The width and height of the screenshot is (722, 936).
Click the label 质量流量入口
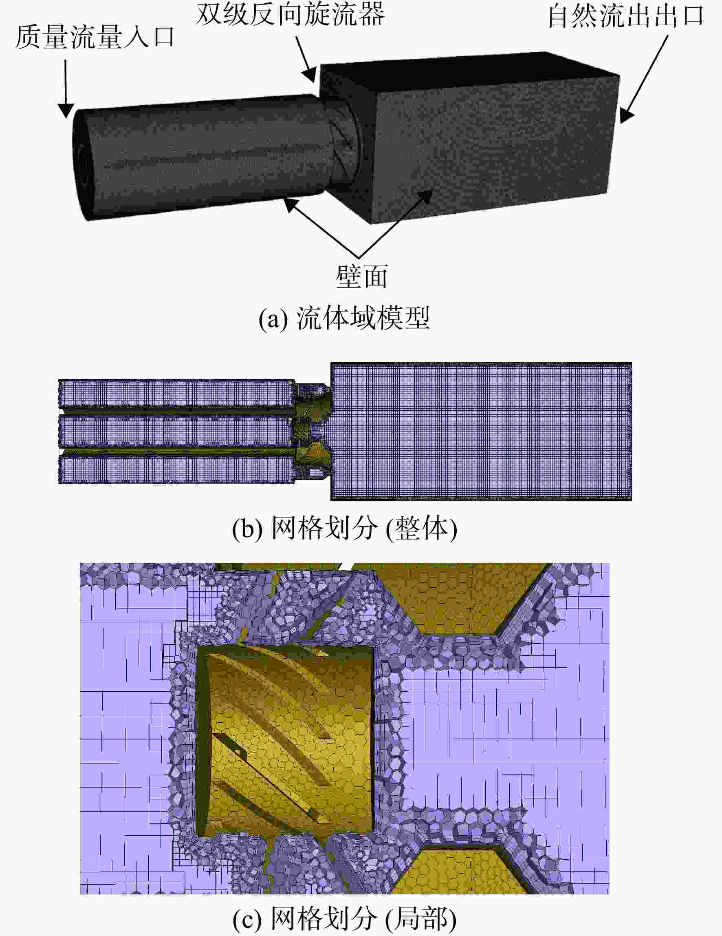point(95,38)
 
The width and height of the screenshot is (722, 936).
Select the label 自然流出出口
point(626,16)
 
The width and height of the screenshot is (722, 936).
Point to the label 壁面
point(362,277)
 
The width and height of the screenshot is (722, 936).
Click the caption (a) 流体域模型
point(344,318)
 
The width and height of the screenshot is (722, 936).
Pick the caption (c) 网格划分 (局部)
point(345,918)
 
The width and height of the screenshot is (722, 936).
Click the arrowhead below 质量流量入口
point(66,111)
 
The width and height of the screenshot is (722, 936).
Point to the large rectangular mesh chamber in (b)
point(481,431)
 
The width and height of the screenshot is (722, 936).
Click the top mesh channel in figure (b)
point(176,393)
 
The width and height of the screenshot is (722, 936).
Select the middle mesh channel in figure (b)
point(176,431)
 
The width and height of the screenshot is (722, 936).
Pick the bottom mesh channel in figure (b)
point(176,470)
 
